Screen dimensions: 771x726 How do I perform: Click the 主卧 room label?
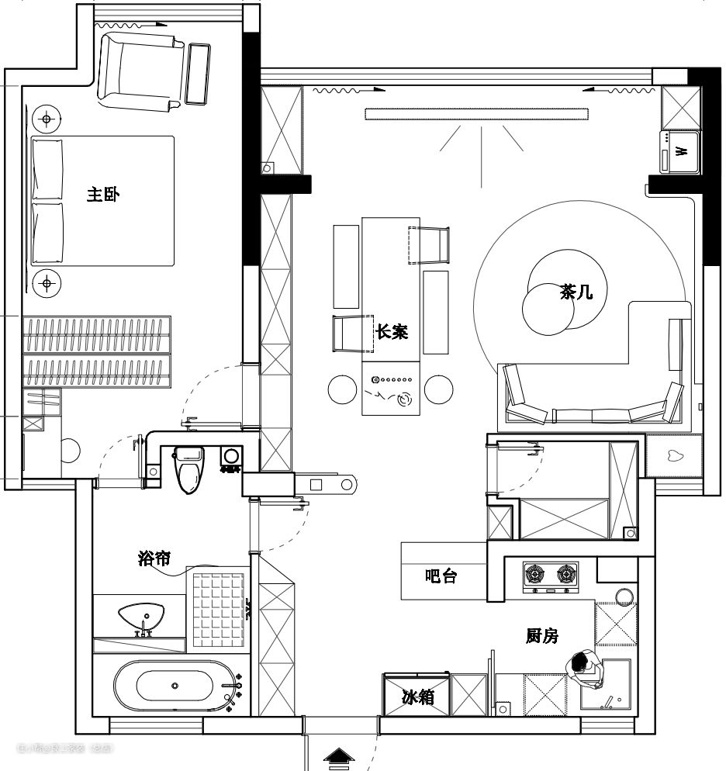[103, 194]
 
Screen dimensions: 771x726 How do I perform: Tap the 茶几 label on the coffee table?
[576, 292]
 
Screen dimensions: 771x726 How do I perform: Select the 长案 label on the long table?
[392, 331]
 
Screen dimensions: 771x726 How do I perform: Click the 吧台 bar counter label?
[441, 576]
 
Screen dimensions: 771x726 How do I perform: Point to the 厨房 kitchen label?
[541, 636]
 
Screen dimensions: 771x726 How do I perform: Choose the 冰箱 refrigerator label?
[417, 697]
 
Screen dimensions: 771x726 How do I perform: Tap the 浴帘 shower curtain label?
[154, 558]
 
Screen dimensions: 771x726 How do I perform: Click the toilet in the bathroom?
[188, 468]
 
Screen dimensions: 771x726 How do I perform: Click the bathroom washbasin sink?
[142, 617]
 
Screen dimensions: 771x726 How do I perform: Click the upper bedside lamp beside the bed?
[47, 119]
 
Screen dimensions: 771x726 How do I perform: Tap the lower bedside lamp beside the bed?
[47, 283]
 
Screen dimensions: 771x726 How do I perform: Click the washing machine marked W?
[680, 150]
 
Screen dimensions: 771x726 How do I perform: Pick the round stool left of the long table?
[342, 389]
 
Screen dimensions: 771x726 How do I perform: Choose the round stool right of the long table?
[438, 389]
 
